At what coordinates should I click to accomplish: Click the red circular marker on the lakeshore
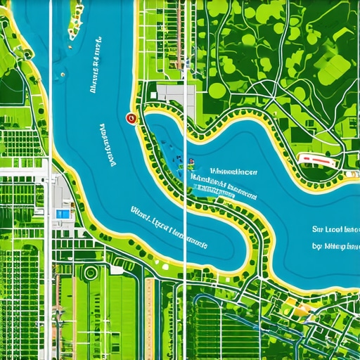point(129,119)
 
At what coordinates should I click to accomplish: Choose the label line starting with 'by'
point(335,247)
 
